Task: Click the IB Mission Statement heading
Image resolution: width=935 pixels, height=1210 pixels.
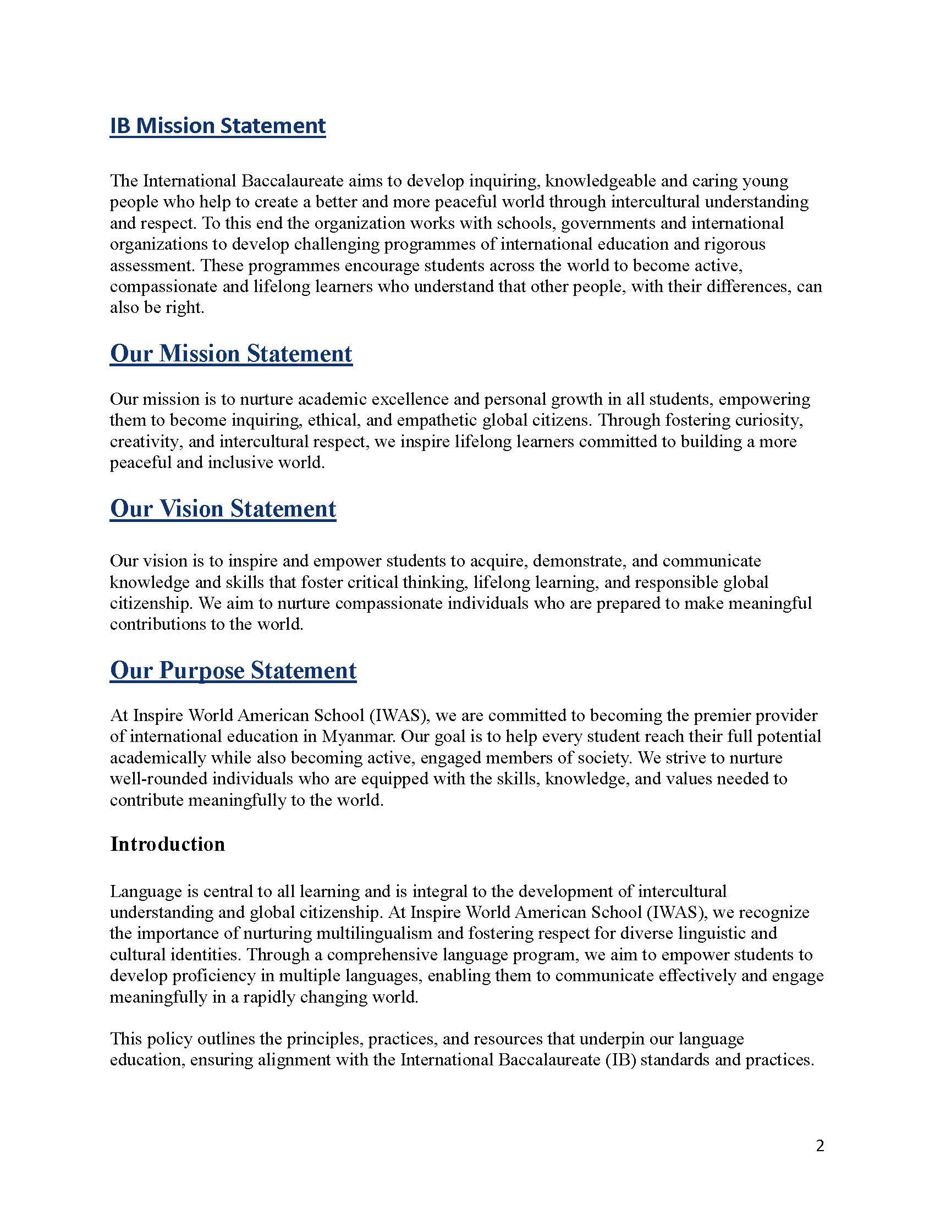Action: click(x=218, y=126)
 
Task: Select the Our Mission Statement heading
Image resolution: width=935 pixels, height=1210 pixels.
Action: click(x=231, y=354)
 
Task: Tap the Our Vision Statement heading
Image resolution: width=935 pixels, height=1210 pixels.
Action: click(x=223, y=509)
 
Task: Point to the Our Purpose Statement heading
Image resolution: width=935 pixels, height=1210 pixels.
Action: click(x=233, y=670)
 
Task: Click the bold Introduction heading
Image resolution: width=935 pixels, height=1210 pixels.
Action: click(x=167, y=844)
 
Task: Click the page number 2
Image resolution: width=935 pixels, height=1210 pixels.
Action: click(x=820, y=1145)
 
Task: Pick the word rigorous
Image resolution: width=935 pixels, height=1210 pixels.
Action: click(x=734, y=244)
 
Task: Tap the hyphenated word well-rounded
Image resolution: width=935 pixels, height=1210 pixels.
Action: click(x=158, y=778)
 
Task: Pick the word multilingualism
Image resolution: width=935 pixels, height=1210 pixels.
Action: click(x=374, y=933)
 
